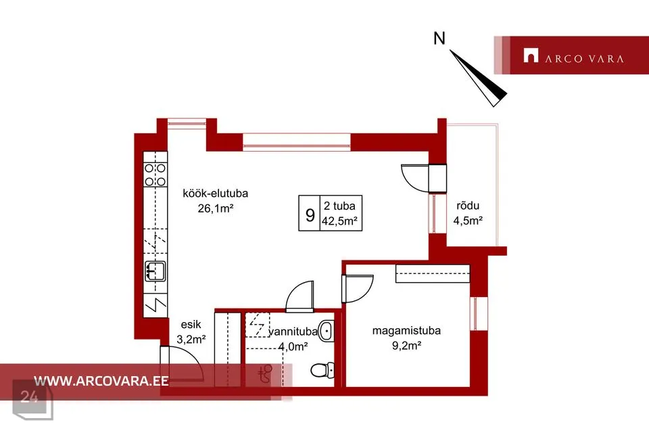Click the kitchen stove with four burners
point(155,175)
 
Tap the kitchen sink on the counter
point(155,271)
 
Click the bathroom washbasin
point(326,331)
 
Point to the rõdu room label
point(468,206)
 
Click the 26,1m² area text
point(215,208)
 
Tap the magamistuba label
point(406,331)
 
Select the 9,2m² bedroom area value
point(406,345)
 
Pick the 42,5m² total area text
point(339,221)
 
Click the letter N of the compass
point(439,39)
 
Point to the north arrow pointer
point(479,78)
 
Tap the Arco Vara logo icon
point(531,55)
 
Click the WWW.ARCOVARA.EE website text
point(101,381)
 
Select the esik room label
point(191,325)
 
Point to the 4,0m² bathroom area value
point(293,346)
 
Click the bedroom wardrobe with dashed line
point(433,273)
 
